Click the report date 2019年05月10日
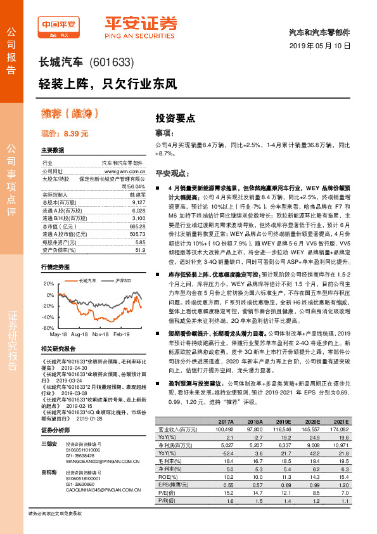(323, 46)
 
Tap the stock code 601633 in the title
(112, 62)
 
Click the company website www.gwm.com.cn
(125, 171)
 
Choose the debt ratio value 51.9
(140, 251)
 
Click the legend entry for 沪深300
(122, 280)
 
